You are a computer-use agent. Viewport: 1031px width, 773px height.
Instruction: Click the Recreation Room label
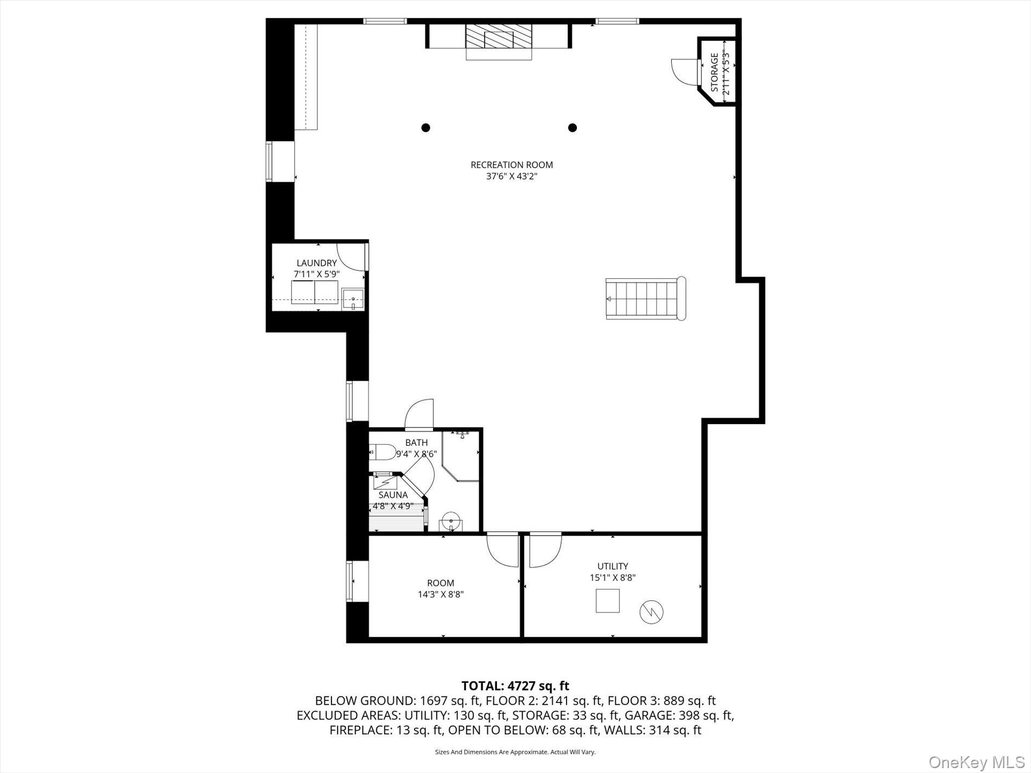[x=511, y=165]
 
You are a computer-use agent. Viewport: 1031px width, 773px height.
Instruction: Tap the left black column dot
[x=426, y=128]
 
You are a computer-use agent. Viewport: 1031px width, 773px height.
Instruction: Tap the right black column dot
[x=572, y=128]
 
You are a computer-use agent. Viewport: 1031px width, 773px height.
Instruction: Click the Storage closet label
[x=714, y=72]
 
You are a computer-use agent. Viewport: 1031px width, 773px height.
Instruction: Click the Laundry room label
[x=316, y=263]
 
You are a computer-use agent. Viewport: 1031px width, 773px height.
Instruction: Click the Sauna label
[x=393, y=495]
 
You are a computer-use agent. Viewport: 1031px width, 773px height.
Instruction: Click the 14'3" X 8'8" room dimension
[x=440, y=595]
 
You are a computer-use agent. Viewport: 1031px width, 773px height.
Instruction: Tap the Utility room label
[x=613, y=566]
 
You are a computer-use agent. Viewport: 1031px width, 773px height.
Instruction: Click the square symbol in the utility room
[x=607, y=600]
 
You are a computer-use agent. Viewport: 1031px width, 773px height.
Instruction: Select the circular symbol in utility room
[x=652, y=611]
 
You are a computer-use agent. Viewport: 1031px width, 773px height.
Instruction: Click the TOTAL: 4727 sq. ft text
[x=515, y=686]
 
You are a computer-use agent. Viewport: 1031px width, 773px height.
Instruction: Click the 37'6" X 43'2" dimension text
[x=511, y=176]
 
